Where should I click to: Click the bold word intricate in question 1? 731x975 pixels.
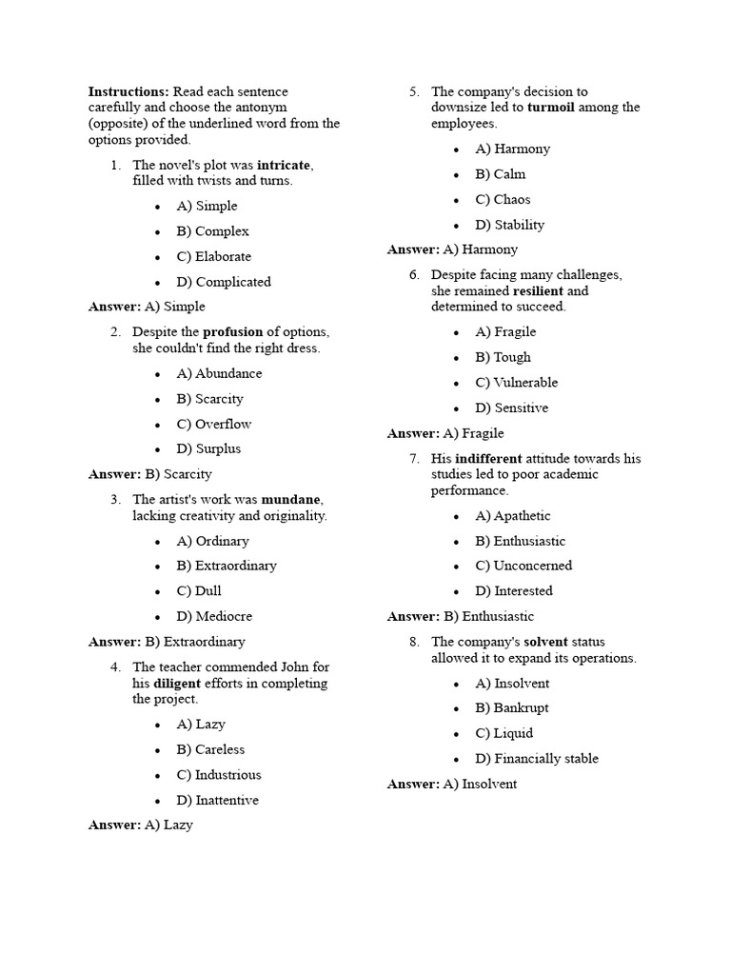click(x=284, y=165)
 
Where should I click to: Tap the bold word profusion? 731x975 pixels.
click(x=233, y=332)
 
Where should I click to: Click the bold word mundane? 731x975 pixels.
click(x=292, y=499)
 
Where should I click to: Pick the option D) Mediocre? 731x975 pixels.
click(x=214, y=616)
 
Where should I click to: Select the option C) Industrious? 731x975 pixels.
click(x=219, y=775)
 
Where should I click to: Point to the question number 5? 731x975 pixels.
click(x=415, y=92)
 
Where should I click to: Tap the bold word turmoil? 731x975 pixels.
click(x=549, y=108)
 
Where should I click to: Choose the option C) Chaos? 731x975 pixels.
click(x=504, y=200)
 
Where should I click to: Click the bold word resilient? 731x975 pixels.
click(x=539, y=290)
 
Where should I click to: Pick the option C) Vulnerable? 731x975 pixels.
click(x=517, y=383)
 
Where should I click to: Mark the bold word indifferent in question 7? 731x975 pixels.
click(x=488, y=459)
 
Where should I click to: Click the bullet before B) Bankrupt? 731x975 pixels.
click(x=457, y=708)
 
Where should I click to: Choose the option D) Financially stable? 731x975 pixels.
click(x=537, y=759)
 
